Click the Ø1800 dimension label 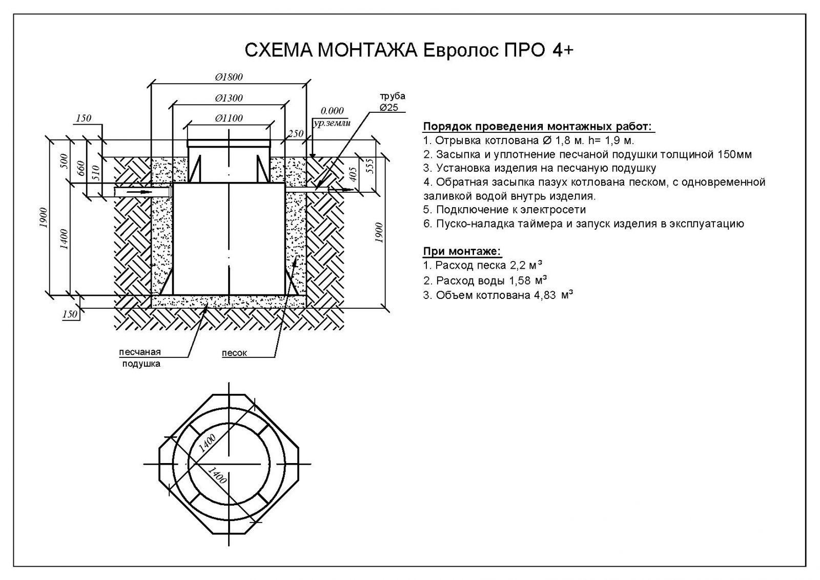coord(229,77)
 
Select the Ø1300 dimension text coord(229,98)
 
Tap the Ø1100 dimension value coord(229,118)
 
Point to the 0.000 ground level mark coord(332,111)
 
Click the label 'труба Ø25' coord(392,102)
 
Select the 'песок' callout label coord(234,353)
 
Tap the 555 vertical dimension coord(369,165)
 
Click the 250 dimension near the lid coord(295,134)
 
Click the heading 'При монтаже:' coord(462,251)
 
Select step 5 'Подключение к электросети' coord(504,210)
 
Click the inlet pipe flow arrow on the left coord(141,191)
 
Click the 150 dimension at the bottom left coord(70,314)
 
